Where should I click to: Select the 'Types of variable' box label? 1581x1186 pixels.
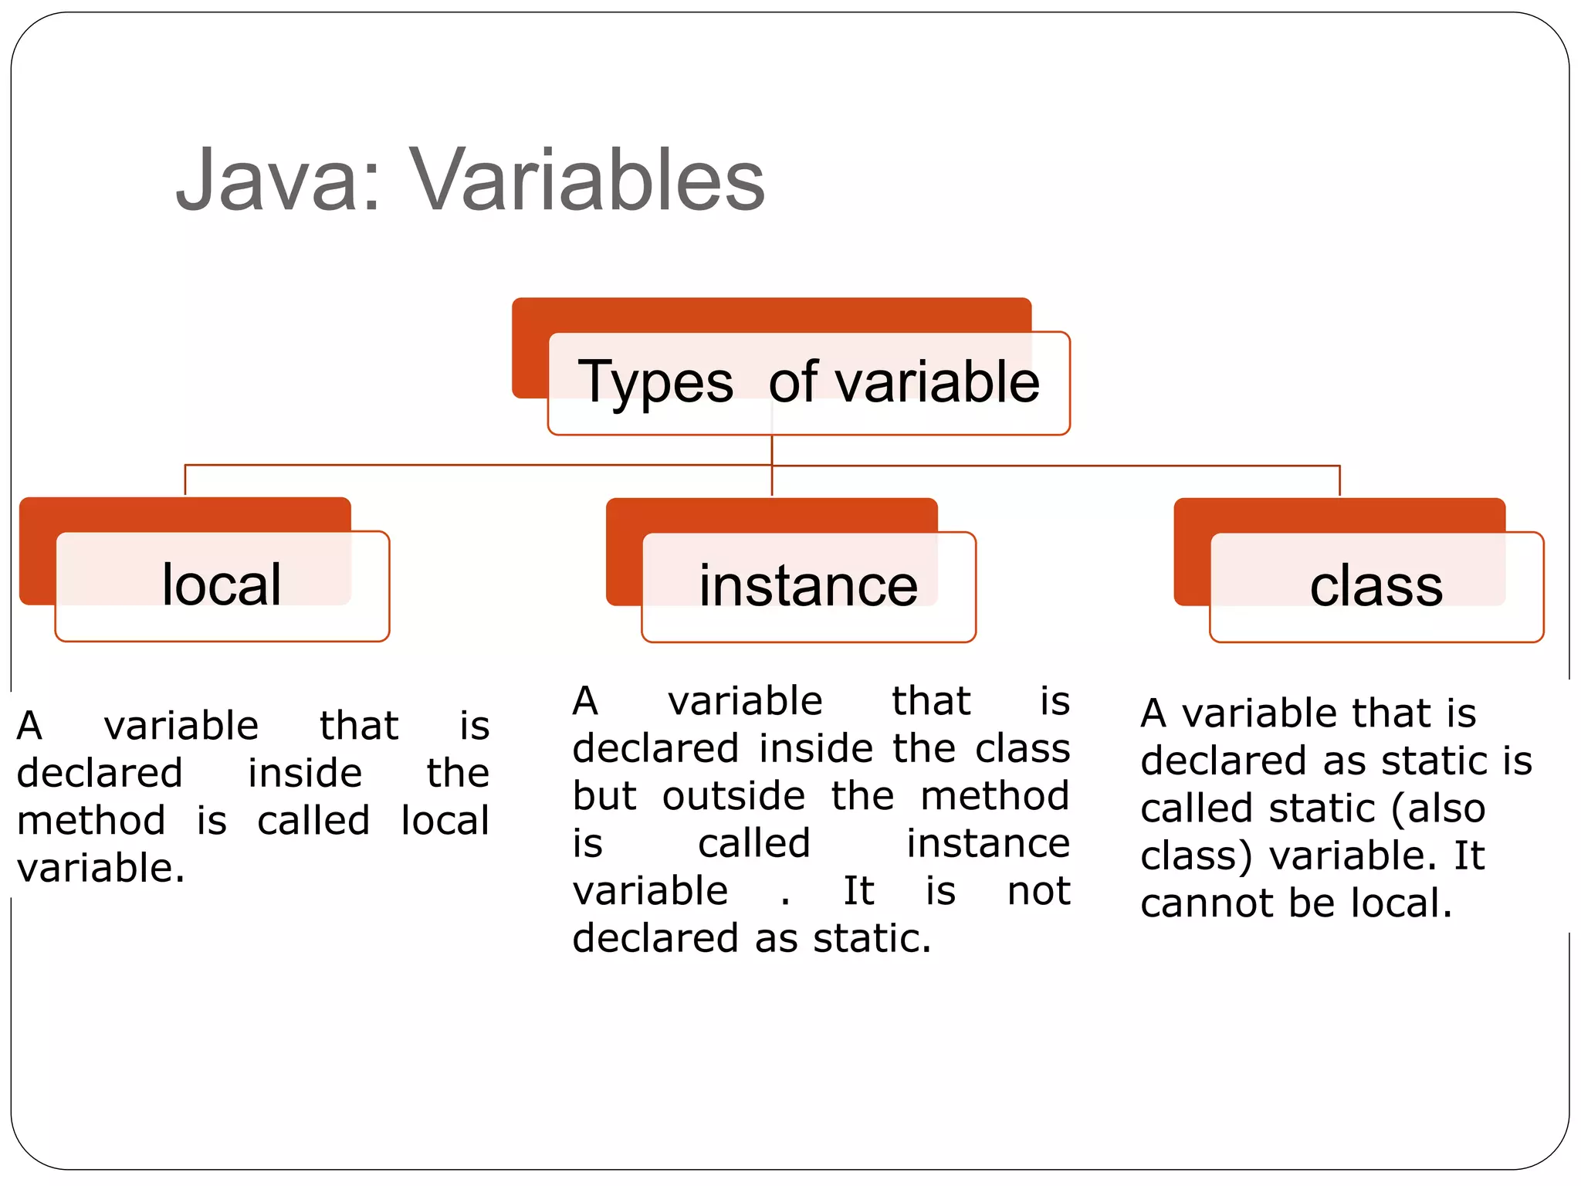point(808,382)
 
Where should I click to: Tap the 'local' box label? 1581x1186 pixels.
point(222,585)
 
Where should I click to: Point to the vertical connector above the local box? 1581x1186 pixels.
point(185,480)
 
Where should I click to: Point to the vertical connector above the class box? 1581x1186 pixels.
point(1339,480)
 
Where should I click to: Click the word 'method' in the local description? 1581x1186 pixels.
point(91,821)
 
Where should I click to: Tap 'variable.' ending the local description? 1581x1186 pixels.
point(101,868)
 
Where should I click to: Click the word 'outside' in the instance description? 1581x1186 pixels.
point(733,796)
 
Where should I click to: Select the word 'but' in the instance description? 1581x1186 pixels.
point(604,796)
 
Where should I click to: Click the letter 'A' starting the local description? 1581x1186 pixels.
point(29,726)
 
